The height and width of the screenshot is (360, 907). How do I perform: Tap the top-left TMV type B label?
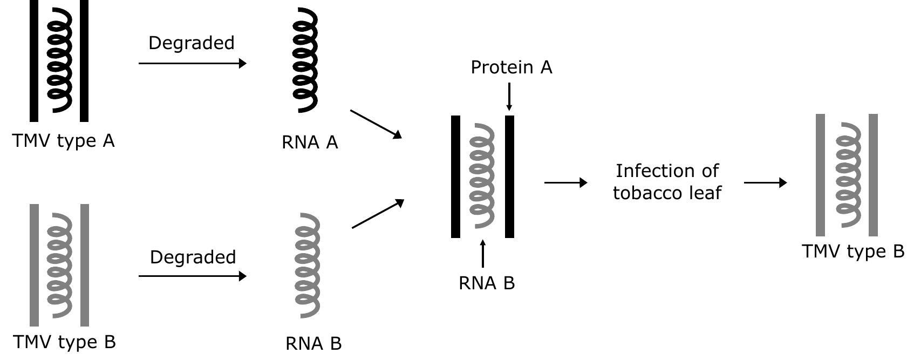tap(64, 342)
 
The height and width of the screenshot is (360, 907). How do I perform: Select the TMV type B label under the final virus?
tap(853, 252)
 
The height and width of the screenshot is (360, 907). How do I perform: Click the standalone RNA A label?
tap(310, 142)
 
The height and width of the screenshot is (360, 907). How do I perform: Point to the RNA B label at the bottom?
tap(313, 344)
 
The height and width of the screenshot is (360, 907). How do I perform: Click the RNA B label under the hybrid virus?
tap(487, 283)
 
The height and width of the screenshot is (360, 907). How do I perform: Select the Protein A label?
tap(512, 67)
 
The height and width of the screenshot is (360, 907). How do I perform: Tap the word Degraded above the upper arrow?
tap(192, 43)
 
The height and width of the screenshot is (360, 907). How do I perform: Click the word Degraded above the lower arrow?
tap(193, 257)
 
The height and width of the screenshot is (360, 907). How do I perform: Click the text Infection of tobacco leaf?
tap(667, 182)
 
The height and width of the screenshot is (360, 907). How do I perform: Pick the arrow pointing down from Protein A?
tap(509, 97)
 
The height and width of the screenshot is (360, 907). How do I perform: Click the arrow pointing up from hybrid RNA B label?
tap(483, 254)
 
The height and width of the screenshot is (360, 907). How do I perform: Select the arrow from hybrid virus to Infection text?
tap(565, 182)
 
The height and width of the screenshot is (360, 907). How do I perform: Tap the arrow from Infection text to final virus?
tap(765, 182)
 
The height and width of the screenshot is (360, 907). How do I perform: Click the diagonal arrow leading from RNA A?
tap(376, 124)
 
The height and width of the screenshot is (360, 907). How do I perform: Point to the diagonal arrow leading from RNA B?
tap(378, 213)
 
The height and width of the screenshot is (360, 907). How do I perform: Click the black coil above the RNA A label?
tap(305, 59)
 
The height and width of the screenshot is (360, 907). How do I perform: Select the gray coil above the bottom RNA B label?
tap(308, 265)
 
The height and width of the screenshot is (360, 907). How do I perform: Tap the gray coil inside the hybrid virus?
tap(482, 176)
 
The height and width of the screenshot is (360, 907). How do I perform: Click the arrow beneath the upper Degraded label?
tap(193, 63)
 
